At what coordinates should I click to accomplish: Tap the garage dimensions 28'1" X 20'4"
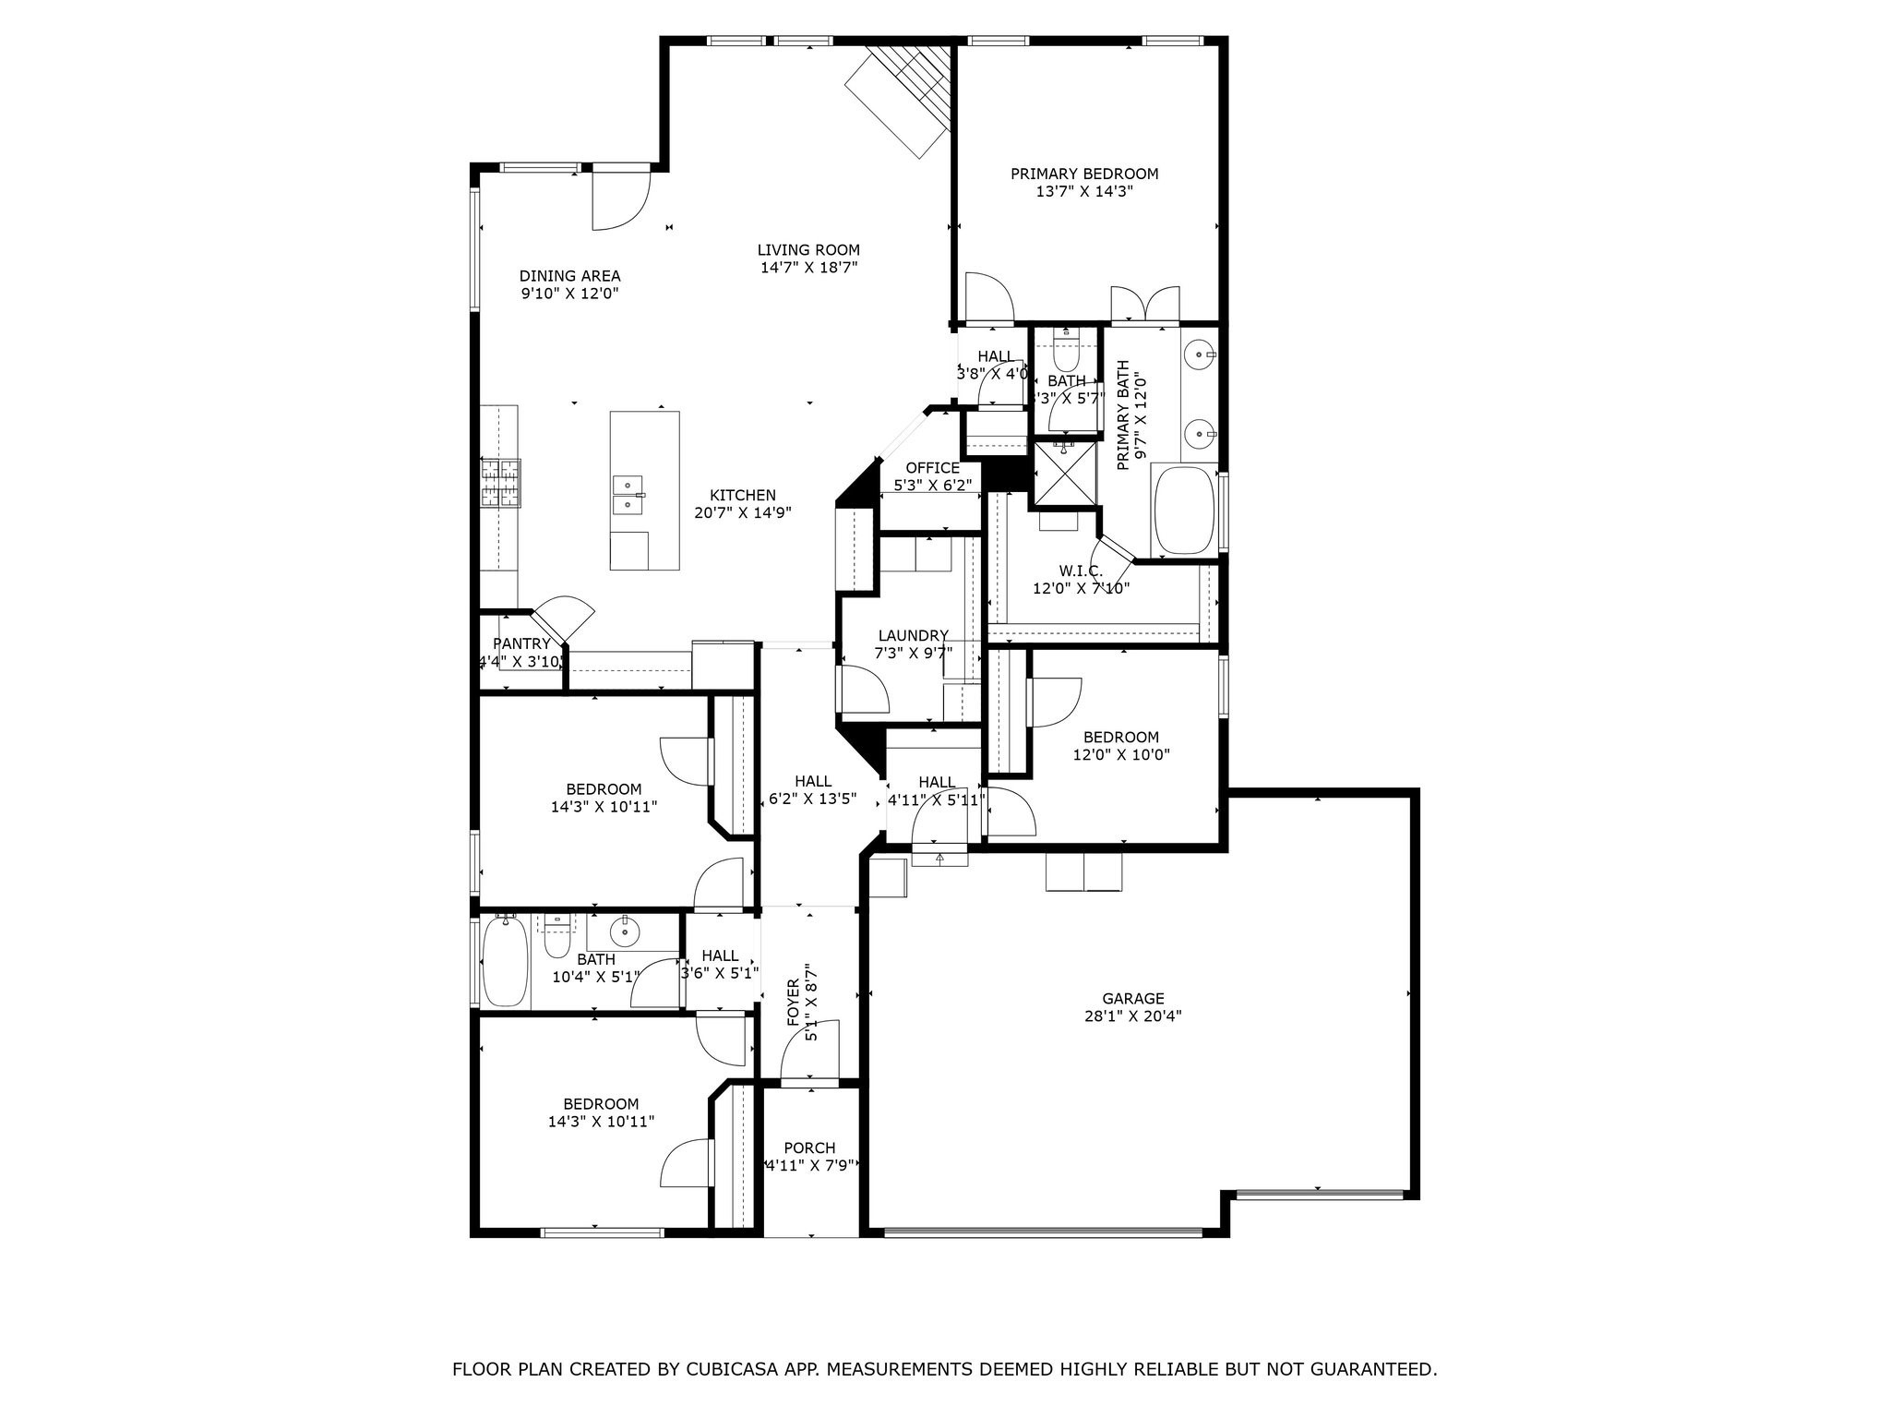coord(1133,1016)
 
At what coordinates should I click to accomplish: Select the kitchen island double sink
coord(628,495)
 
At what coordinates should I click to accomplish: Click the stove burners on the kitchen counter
coord(499,483)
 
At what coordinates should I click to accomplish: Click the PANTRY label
coord(521,643)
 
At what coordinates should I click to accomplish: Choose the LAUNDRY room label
coord(913,635)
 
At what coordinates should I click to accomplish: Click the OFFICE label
coord(932,468)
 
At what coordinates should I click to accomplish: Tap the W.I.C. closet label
coord(1081,571)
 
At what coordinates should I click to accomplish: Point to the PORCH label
coord(809,1148)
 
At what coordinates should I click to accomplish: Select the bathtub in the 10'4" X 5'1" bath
coord(505,962)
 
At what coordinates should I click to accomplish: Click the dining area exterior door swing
coord(620,200)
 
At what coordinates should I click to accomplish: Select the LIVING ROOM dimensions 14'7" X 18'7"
coord(808,268)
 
